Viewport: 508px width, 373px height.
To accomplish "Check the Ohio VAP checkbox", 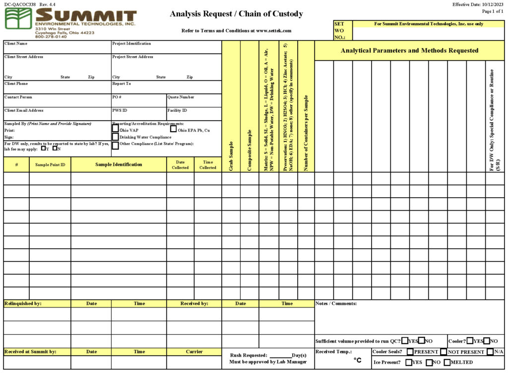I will pyautogui.click(x=116, y=129).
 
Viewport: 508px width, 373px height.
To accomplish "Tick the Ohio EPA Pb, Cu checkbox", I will pyautogui.click(x=174, y=129).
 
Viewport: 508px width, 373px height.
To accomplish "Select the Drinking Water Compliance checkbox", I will pyautogui.click(x=116, y=137).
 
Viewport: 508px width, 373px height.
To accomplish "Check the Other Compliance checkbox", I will pyautogui.click(x=116, y=145).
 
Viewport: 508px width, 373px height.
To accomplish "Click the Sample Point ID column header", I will pyautogui.click(x=50, y=165).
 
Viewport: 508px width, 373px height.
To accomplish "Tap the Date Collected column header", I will pyautogui.click(x=180, y=165).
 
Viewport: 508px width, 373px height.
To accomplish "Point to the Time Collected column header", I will pyautogui.click(x=207, y=165).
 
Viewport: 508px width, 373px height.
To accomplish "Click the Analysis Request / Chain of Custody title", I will pyautogui.click(x=236, y=14).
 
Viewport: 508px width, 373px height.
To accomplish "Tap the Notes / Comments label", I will pyautogui.click(x=336, y=303).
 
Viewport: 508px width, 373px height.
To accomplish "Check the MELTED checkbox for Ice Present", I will pyautogui.click(x=447, y=362).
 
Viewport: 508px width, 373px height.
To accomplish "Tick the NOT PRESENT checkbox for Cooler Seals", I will pyautogui.click(x=444, y=352).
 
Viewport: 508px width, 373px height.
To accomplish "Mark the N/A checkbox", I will pyautogui.click(x=490, y=352).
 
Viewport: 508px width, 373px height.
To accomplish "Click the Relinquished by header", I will pyautogui.click(x=23, y=303).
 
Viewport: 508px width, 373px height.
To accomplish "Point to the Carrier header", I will pyautogui.click(x=194, y=352).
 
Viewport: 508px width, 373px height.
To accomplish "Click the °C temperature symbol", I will pyautogui.click(x=358, y=361).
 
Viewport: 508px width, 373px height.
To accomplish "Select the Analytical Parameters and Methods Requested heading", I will pyautogui.click(x=409, y=51).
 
